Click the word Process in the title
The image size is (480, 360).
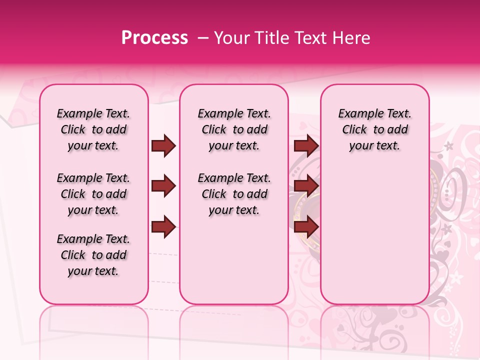(x=154, y=37)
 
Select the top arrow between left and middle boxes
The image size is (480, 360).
(x=163, y=145)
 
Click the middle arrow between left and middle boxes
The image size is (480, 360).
(x=163, y=186)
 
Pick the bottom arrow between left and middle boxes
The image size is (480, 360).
(x=163, y=226)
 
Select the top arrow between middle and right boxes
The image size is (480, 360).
(x=306, y=145)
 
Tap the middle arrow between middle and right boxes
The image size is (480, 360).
(x=306, y=186)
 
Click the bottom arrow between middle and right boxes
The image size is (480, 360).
(x=306, y=226)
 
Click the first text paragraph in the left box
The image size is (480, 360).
(x=93, y=130)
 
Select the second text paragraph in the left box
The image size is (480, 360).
(x=93, y=194)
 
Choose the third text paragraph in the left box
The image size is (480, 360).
(x=93, y=255)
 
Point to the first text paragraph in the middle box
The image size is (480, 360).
(x=234, y=130)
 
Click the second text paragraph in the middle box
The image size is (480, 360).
(x=234, y=194)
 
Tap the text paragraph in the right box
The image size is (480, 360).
(x=375, y=130)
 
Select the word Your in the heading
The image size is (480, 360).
(x=229, y=37)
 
